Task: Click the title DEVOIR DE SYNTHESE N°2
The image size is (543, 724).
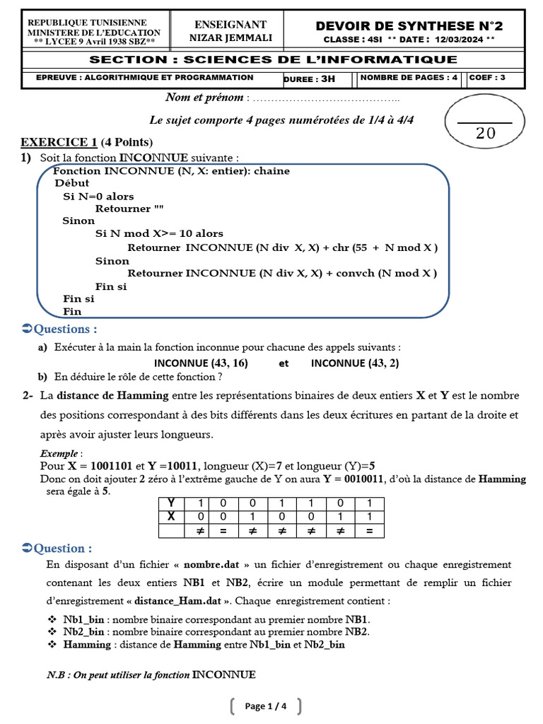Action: (409, 25)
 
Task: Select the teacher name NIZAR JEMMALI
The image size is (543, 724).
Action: (230, 38)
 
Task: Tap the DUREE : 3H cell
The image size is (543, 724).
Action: (309, 78)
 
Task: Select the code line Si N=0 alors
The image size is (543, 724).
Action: (98, 196)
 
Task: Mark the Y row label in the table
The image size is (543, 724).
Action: (170, 503)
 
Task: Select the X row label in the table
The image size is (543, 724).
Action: (170, 517)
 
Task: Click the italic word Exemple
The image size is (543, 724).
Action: (60, 453)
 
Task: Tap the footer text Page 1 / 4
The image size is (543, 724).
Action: (266, 706)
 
